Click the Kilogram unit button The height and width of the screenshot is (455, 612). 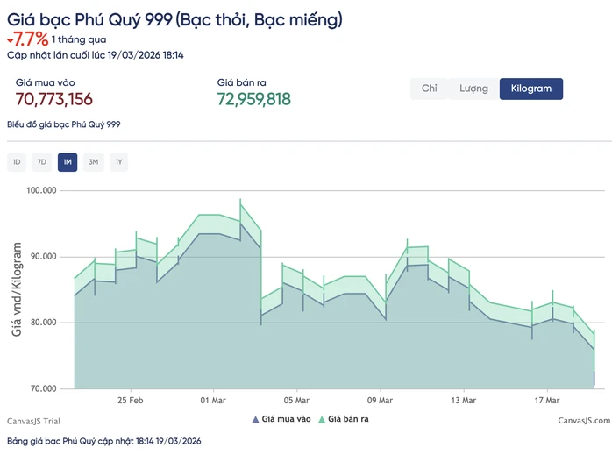point(530,89)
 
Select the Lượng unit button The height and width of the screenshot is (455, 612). point(473,89)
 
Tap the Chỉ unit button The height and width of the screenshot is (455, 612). point(430,89)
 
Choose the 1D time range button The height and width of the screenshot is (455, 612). point(17,162)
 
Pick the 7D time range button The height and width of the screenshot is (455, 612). point(42,162)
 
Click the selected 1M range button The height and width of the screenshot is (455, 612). point(68,162)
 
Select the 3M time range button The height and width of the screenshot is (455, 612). point(93,162)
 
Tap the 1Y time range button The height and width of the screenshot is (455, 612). point(118,162)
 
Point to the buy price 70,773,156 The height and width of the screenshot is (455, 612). point(53,99)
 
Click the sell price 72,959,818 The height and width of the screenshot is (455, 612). point(254,99)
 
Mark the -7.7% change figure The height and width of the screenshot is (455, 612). point(28,39)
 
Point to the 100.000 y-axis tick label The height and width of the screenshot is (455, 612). point(41,190)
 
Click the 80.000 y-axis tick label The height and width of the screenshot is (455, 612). point(43,323)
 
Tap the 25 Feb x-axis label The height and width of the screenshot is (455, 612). point(131,401)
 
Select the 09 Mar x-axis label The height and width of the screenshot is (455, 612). point(380,401)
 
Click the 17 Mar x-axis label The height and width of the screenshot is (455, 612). point(547,401)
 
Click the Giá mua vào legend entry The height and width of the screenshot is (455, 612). point(281,419)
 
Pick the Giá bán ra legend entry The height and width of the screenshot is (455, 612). point(344,419)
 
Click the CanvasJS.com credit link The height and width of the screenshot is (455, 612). point(584,421)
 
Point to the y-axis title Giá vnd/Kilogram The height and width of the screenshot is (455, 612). point(17,289)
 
